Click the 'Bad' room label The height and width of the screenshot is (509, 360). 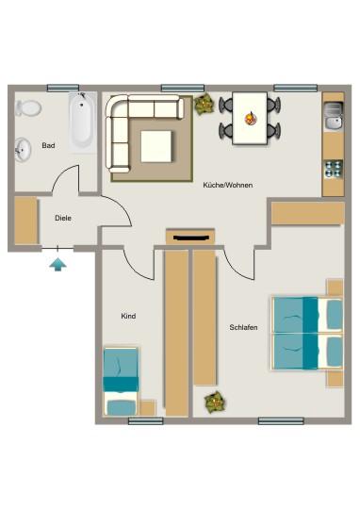click(48, 146)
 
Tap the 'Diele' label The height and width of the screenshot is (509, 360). click(63, 218)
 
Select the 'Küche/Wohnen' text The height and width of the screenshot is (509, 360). click(227, 185)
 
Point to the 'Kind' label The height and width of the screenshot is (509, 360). click(129, 317)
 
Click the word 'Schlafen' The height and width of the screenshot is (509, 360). click(243, 327)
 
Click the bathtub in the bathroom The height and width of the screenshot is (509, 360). click(81, 122)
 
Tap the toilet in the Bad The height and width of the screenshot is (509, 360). click(30, 107)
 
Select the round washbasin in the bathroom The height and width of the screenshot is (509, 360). click(23, 147)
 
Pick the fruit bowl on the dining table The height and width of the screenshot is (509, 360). click(251, 118)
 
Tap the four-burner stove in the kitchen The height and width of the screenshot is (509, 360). click(333, 170)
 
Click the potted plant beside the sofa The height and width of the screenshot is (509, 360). click(205, 104)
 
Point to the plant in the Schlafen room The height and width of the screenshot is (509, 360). click(215, 402)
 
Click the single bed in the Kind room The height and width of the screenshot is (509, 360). click(121, 382)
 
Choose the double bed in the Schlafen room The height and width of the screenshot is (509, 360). click(305, 334)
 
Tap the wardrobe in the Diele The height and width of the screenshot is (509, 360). click(25, 222)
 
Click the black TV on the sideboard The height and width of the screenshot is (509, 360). click(191, 238)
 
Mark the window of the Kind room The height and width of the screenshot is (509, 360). click(146, 420)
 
